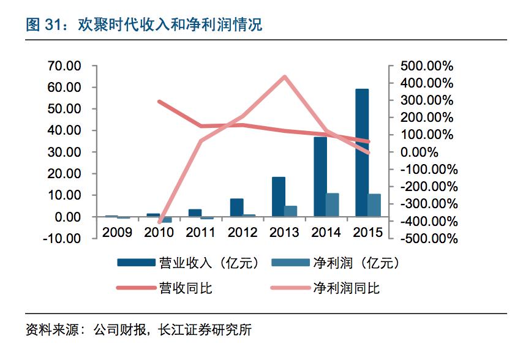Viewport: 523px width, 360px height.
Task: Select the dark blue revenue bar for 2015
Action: click(362, 152)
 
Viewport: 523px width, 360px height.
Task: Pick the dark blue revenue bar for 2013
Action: click(279, 197)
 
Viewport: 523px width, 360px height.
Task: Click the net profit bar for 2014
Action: click(333, 204)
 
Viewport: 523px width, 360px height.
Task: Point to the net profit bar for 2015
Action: click(374, 205)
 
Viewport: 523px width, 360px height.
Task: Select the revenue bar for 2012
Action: click(237, 208)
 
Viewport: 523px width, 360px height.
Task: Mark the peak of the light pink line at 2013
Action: click(285, 77)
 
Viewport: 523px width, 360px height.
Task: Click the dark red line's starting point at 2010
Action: click(159, 102)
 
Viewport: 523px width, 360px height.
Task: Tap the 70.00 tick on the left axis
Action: click(64, 66)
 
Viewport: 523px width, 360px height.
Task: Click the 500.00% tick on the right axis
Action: click(426, 66)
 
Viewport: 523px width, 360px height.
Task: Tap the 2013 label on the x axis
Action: click(284, 232)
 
